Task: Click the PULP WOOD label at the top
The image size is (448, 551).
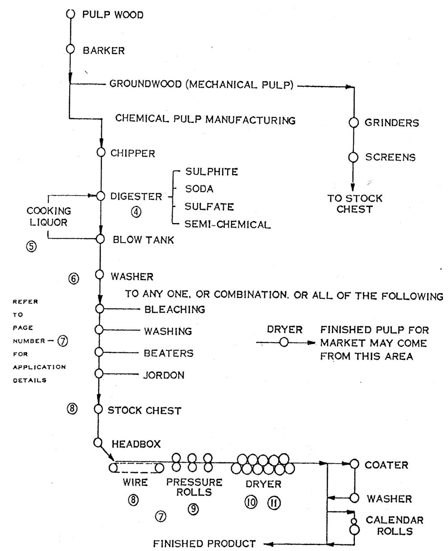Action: click(113, 15)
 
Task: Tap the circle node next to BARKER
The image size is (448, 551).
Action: click(70, 49)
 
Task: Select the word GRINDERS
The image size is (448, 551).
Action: click(392, 123)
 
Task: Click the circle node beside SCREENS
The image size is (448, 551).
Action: click(354, 157)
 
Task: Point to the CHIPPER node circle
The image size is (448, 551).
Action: click(101, 153)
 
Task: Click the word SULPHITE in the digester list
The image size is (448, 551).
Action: click(211, 172)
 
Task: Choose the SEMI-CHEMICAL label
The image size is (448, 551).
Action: click(227, 225)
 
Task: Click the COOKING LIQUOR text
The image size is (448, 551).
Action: click(49, 216)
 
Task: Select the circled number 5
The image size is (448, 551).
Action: click(31, 246)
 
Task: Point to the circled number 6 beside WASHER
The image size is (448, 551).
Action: click(74, 279)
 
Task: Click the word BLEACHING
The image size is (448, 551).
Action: click(174, 309)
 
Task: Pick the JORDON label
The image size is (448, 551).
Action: click(164, 375)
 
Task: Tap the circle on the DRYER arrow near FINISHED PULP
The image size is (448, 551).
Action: click(284, 343)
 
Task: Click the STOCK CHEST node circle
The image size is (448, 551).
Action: click(98, 409)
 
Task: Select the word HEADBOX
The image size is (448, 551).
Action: click(136, 444)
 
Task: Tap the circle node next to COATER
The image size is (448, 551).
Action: click(354, 464)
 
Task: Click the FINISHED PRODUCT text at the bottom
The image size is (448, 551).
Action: click(204, 543)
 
